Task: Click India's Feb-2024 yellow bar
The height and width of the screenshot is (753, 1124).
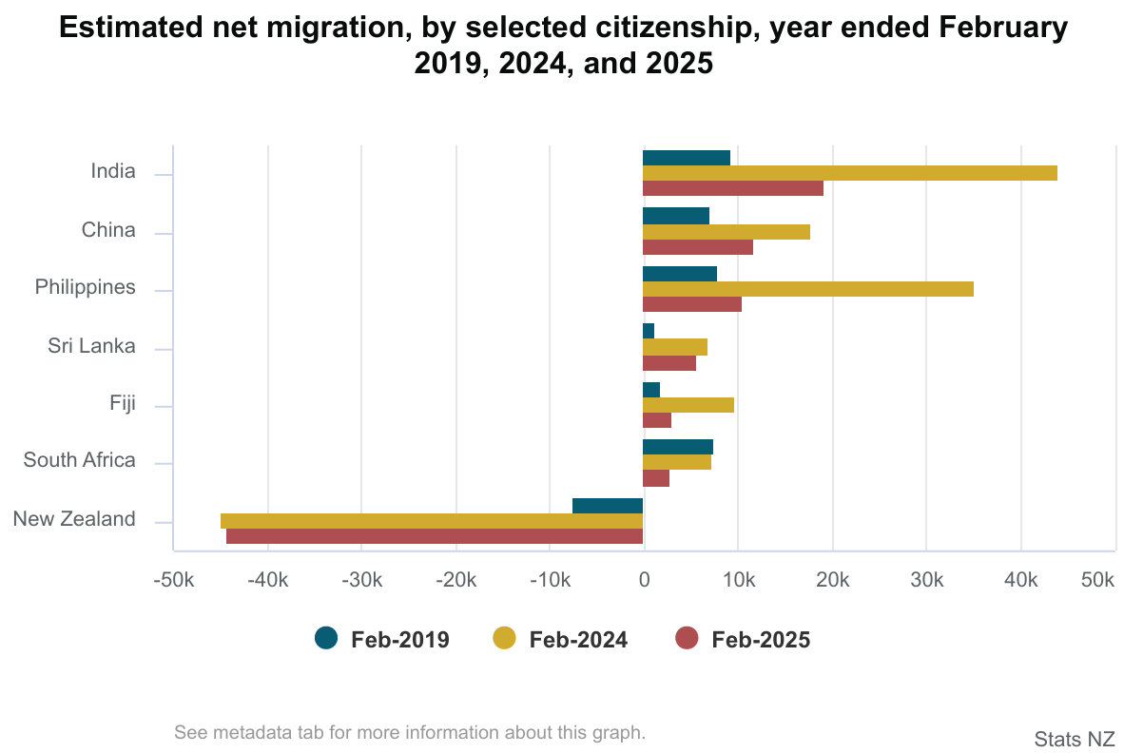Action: coord(849,173)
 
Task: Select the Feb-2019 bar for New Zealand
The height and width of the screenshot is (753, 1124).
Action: coord(608,506)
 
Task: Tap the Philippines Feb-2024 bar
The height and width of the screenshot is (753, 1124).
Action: coord(807,289)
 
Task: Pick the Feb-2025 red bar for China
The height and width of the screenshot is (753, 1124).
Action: coord(697,247)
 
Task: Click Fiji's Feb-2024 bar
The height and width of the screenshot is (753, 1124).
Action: coord(688,405)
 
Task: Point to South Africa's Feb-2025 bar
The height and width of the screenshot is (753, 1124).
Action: coord(655,478)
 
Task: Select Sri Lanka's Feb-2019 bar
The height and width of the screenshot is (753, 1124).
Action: coord(649,331)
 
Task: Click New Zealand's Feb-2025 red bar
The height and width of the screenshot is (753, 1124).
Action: coord(434,536)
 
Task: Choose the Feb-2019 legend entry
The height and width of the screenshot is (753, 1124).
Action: coord(381,640)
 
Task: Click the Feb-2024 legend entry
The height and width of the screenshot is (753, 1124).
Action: coord(560,640)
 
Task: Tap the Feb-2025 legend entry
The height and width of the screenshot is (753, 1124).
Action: coord(743,640)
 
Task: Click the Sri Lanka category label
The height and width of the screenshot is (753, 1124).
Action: coord(91,346)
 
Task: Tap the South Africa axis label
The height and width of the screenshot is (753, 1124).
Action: coord(79,461)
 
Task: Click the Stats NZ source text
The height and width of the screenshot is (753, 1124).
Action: coord(1074,739)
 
